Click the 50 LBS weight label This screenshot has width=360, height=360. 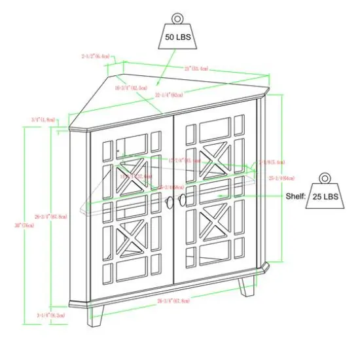pos(177,39)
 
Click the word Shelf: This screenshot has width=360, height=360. pos(295,196)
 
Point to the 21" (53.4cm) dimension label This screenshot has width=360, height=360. pos(195,67)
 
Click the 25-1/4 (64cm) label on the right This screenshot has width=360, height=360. pos(281,177)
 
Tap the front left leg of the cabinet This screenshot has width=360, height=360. pos(96,315)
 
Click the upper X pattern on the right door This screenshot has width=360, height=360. pos(213,161)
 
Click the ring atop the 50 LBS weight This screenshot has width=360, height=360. pos(177,18)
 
